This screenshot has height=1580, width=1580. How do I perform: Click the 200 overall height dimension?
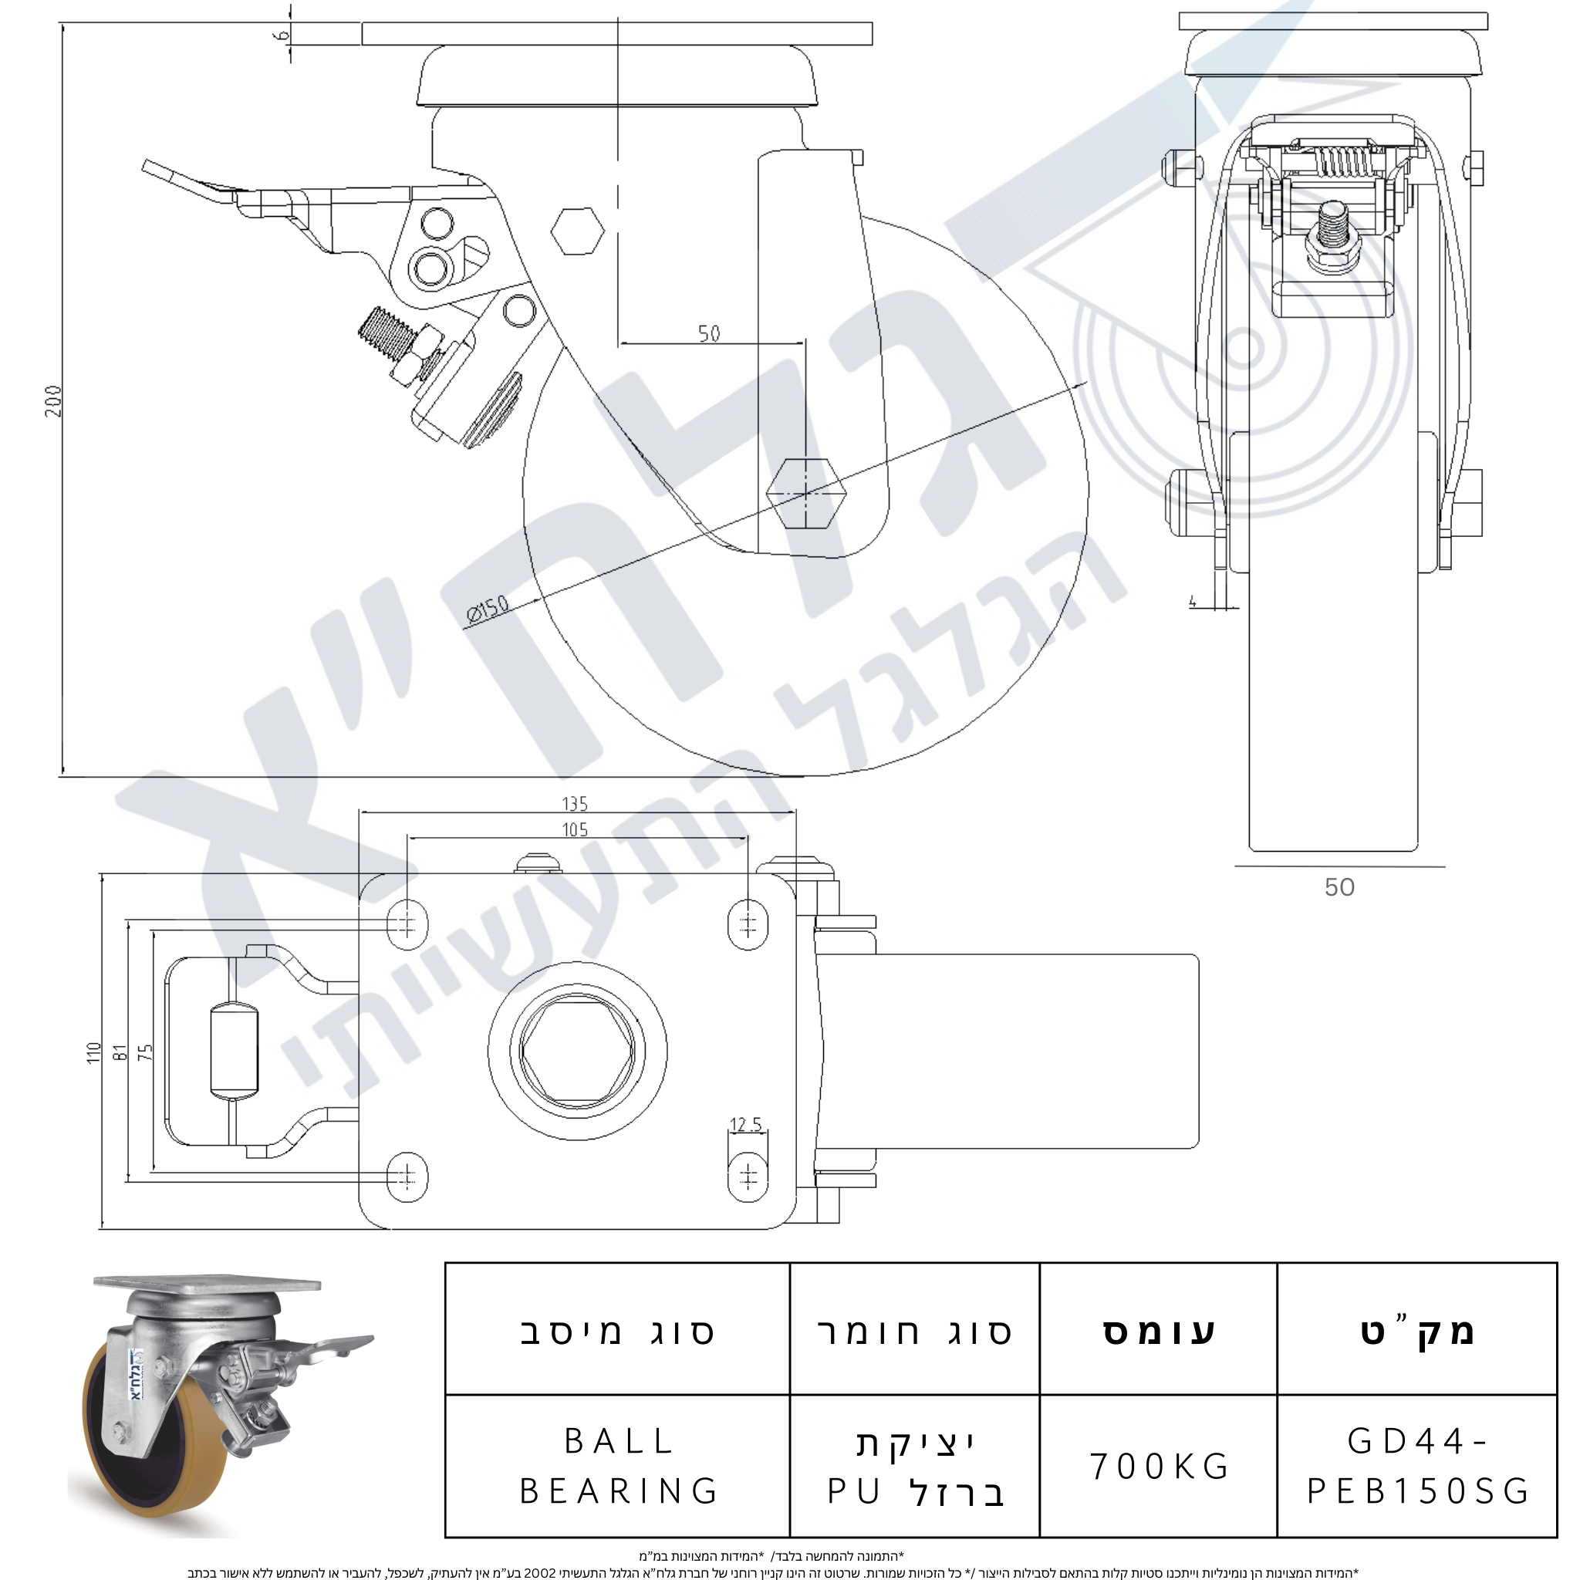(53, 400)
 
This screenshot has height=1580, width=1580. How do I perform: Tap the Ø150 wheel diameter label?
(488, 609)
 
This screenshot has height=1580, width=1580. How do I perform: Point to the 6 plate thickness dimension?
(282, 35)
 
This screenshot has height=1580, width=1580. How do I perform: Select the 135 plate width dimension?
(575, 804)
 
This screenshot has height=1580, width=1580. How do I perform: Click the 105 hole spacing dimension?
(575, 830)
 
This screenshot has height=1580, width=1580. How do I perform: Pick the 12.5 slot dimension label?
(745, 1125)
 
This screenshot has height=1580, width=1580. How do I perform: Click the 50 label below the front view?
(1339, 887)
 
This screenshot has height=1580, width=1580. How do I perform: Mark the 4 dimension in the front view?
(1193, 602)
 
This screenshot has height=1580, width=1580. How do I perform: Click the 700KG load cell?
(1159, 1467)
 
